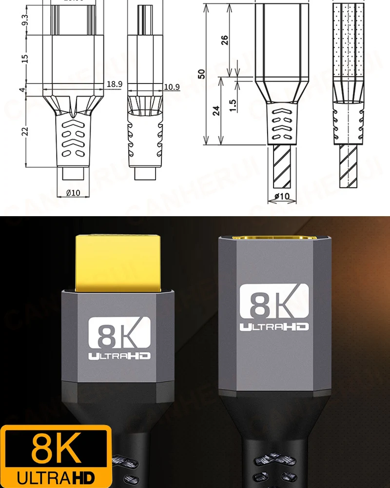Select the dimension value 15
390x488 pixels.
coord(25,58)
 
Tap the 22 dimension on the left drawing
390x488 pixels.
coord(25,131)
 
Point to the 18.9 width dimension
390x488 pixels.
coord(114,84)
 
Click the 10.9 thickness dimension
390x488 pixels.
coord(172,87)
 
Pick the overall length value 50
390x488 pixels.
coord(201,73)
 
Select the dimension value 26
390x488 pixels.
coord(225,40)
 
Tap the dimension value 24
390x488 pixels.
coord(216,110)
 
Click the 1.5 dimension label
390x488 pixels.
coord(233,104)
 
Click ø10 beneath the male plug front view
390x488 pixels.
coord(73,193)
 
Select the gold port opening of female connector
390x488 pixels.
coord(274,239)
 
